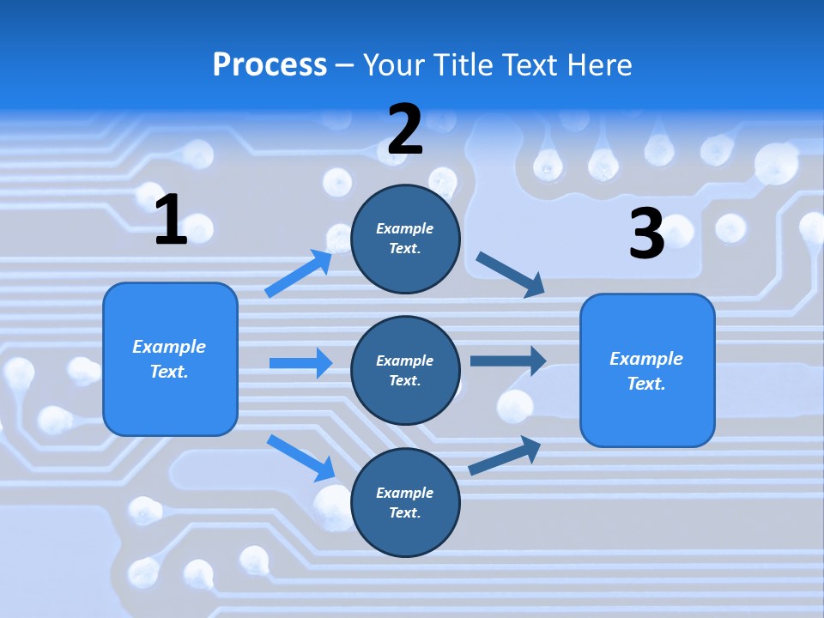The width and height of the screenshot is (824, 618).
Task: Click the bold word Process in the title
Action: click(x=270, y=64)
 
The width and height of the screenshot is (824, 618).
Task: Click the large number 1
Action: click(x=171, y=220)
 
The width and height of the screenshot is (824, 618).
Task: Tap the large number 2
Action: click(x=405, y=129)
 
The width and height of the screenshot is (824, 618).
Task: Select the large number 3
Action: click(x=646, y=233)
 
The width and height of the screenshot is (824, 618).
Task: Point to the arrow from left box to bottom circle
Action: click(x=301, y=457)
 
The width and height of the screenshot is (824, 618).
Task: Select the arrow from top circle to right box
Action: click(x=510, y=274)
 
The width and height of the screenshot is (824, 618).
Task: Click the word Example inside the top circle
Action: click(x=404, y=228)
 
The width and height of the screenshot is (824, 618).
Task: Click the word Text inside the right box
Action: click(x=645, y=384)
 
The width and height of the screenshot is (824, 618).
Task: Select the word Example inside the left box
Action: click(x=169, y=347)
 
